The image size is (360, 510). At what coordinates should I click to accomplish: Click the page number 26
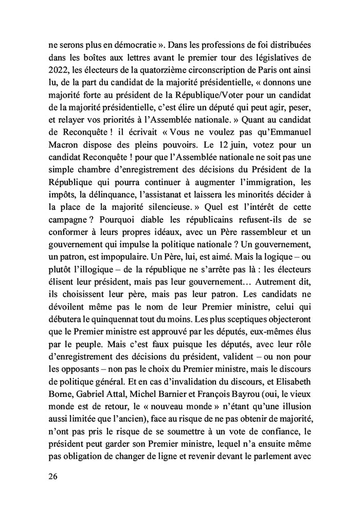click(52, 476)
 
